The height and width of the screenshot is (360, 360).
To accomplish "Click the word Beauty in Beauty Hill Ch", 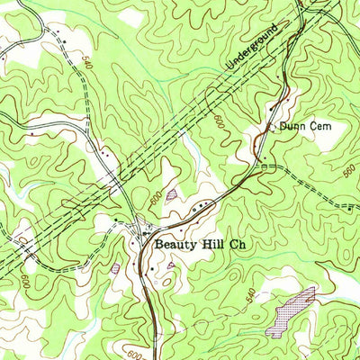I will (175, 244).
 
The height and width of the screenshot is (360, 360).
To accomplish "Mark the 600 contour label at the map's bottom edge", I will (132, 352).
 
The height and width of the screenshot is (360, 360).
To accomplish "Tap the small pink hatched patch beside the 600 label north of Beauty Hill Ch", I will (172, 193).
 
